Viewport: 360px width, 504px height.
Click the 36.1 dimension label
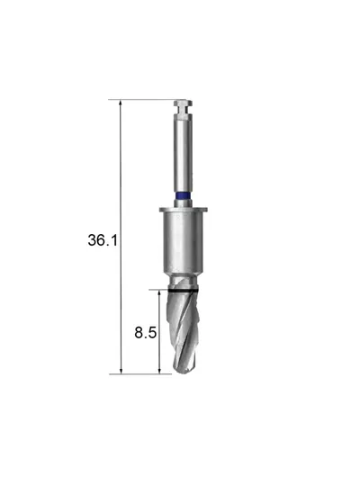(x=103, y=240)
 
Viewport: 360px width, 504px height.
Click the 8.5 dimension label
(x=146, y=332)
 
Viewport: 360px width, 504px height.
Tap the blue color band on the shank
(x=183, y=195)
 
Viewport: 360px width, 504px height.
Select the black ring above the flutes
(x=183, y=291)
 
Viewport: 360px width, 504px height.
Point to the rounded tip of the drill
(x=184, y=370)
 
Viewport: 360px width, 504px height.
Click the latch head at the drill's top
(x=183, y=103)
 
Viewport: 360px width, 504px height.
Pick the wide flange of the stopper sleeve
(x=184, y=210)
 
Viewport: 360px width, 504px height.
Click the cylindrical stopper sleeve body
(x=184, y=243)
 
